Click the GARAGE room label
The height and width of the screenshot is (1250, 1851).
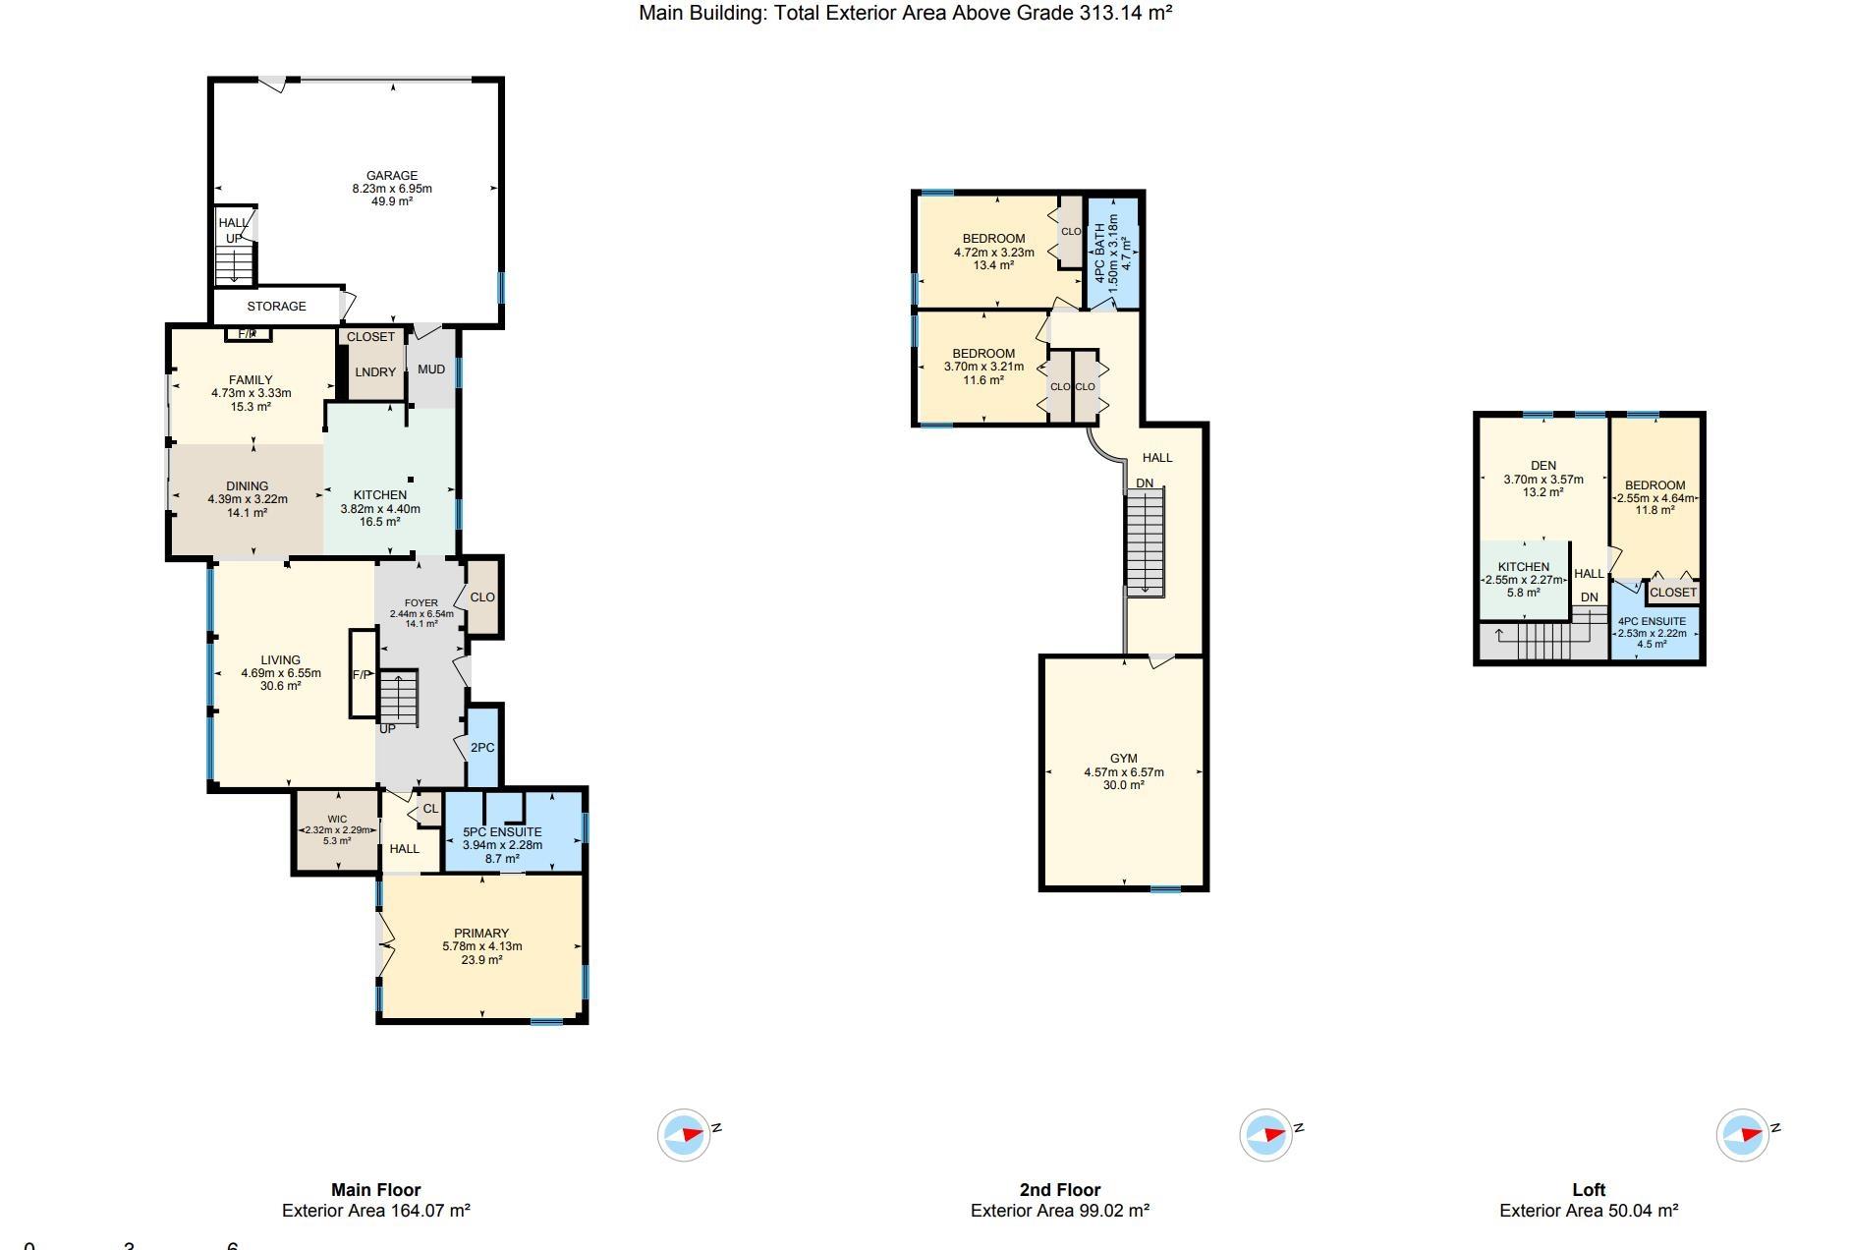click(x=392, y=176)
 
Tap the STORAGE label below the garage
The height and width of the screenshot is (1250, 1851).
click(x=276, y=307)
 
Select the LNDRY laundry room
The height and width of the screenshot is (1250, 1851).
click(x=375, y=372)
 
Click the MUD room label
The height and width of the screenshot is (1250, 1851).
click(x=431, y=369)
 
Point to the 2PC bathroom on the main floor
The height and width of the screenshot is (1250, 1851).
click(x=482, y=748)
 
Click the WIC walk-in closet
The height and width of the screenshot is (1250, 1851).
click(x=337, y=819)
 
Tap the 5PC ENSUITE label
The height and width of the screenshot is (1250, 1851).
click(x=502, y=832)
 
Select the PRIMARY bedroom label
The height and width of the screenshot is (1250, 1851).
click(x=481, y=934)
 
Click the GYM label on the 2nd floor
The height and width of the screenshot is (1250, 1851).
click(x=1124, y=759)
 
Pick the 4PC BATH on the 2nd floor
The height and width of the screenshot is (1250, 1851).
click(x=1100, y=249)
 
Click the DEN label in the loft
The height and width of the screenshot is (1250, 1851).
click(x=1543, y=466)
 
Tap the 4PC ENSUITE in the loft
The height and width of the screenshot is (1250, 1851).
click(x=1652, y=621)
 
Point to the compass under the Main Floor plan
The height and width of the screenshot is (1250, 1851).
click(x=684, y=1135)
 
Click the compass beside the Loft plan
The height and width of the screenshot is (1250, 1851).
click(x=1743, y=1135)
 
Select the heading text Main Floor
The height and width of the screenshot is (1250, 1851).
click(x=376, y=1190)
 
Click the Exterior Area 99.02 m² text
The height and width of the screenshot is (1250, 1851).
click(x=1060, y=1211)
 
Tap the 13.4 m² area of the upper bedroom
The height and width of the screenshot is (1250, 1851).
click(x=993, y=265)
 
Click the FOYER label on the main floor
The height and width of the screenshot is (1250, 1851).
click(x=421, y=603)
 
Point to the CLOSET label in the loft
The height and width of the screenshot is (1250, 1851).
click(x=1673, y=593)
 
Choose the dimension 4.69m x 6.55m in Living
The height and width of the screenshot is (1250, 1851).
click(x=281, y=673)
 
